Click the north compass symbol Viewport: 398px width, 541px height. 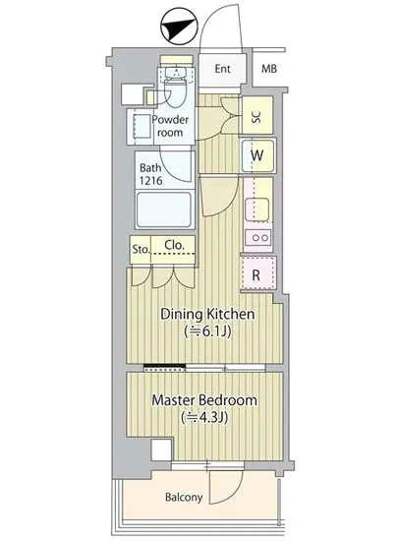[180, 28]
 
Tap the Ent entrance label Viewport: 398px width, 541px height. [223, 69]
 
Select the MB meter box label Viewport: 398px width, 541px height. [269, 69]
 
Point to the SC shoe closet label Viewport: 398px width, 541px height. [256, 117]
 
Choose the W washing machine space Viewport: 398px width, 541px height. [257, 155]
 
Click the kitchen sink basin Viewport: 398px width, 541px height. [257, 209]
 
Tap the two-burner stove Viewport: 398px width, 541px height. [258, 237]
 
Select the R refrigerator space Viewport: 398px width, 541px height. [257, 274]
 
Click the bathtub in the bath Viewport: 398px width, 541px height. [164, 210]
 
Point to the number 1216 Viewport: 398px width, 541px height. [151, 180]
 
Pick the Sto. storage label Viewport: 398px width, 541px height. [141, 249]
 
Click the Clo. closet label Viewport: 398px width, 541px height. [174, 245]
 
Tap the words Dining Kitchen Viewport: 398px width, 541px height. [207, 314]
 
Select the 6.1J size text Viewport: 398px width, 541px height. [207, 331]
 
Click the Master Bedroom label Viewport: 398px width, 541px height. [204, 400]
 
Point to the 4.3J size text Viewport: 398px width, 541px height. [204, 418]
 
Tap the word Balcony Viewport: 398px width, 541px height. [184, 497]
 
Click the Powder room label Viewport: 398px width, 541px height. [170, 126]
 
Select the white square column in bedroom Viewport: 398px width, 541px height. [161, 450]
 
